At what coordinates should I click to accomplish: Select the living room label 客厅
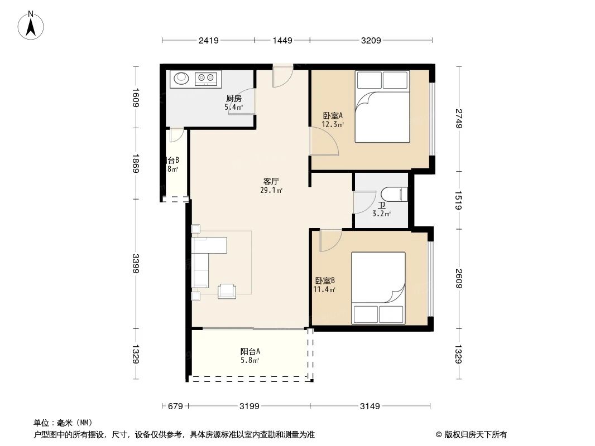point(271,181)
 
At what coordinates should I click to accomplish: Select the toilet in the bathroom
point(399,194)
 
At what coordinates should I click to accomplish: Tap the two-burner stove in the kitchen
point(206,79)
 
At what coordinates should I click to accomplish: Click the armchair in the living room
point(227,289)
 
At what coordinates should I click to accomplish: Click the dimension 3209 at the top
point(371,40)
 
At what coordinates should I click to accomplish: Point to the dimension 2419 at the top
point(208,40)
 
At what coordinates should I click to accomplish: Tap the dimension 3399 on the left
point(136,263)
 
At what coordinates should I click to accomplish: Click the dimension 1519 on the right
point(459,200)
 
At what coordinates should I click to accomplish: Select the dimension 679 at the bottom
point(175,406)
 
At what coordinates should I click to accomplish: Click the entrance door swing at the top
point(282,76)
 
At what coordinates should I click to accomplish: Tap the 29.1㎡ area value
point(271,191)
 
